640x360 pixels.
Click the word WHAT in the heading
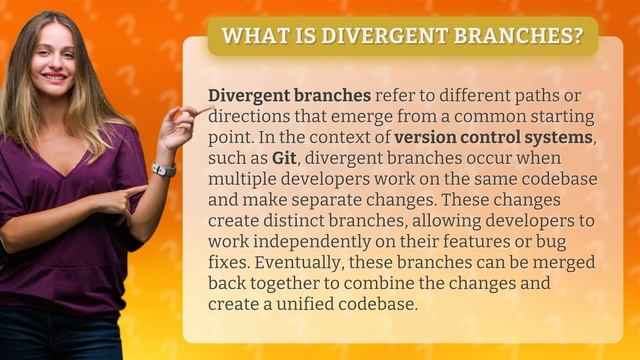(x=248, y=36)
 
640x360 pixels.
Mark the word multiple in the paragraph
(x=243, y=179)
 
